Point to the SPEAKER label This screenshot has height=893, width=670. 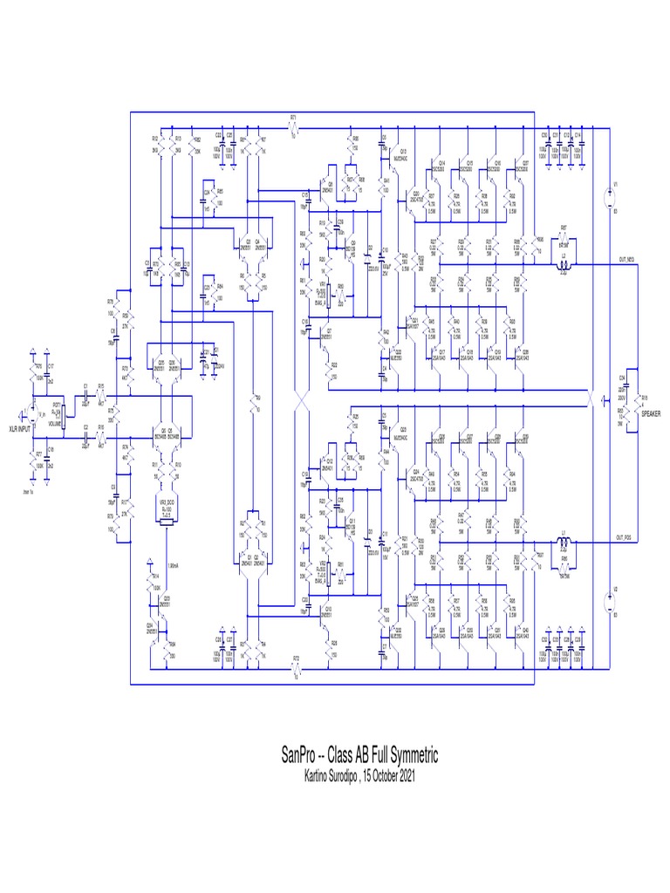coord(651,417)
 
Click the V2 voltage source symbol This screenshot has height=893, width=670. coord(608,602)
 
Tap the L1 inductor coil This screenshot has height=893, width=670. coord(564,543)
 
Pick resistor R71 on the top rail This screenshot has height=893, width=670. coord(295,129)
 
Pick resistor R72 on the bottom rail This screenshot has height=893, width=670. coord(297,671)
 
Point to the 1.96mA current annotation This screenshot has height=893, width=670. coord(173,565)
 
